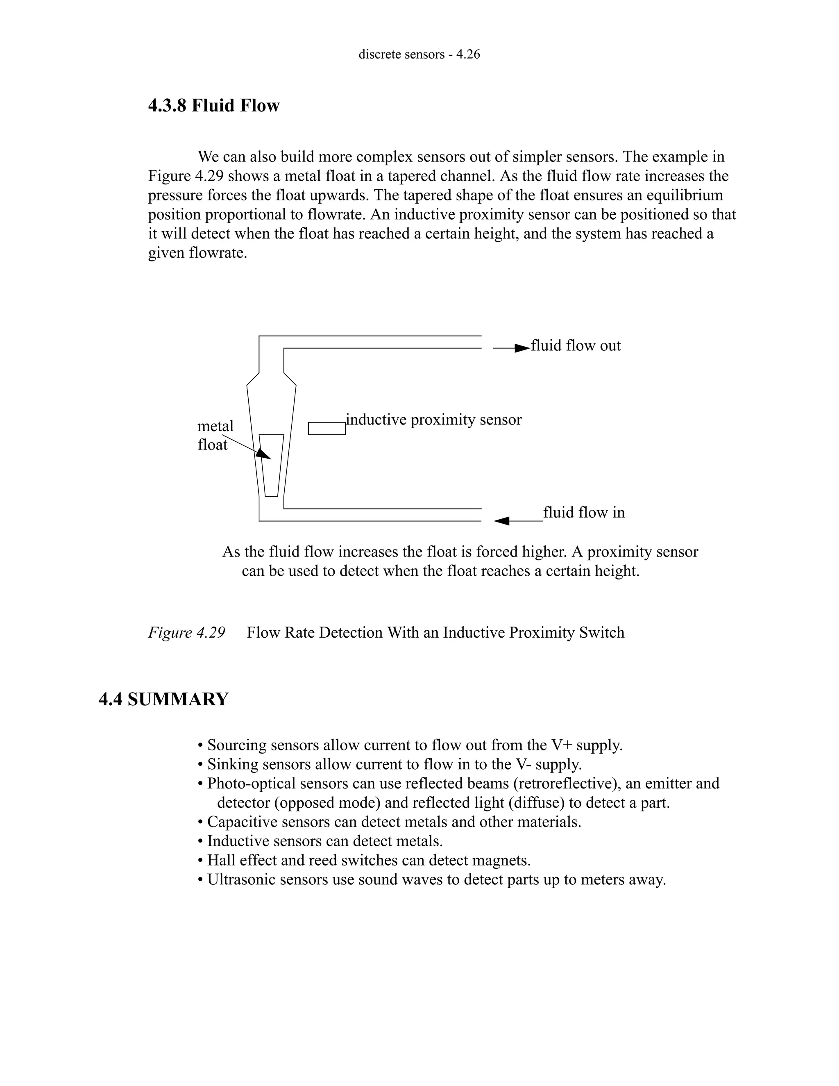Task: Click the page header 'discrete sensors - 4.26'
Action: point(419,54)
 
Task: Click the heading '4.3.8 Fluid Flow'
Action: point(214,105)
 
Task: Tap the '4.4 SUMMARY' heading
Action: point(163,699)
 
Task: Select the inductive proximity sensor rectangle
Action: point(327,428)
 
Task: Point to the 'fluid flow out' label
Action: point(576,345)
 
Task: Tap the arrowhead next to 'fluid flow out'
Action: point(522,348)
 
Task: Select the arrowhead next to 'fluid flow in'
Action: point(502,520)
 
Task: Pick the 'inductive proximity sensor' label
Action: point(433,420)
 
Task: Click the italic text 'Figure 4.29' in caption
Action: point(186,632)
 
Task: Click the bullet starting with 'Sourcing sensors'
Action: point(410,745)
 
